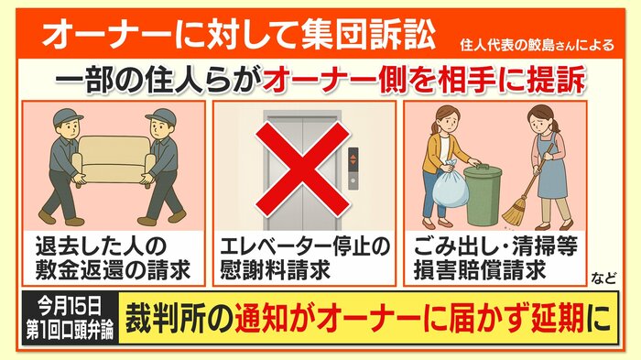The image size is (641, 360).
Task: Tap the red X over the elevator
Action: tap(303, 169)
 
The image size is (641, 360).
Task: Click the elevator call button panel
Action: tap(353, 169)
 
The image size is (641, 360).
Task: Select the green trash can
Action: tap(483, 195)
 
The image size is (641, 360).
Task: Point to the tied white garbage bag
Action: tap(451, 187)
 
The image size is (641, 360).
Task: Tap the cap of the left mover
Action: tap(68, 116)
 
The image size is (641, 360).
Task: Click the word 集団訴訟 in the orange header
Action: tap(368, 35)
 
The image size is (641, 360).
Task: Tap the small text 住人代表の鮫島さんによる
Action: tap(537, 44)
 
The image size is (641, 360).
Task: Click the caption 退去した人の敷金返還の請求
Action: tap(114, 258)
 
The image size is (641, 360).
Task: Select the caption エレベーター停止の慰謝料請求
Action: tap(305, 258)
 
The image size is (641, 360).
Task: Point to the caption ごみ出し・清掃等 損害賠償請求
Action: tap(495, 258)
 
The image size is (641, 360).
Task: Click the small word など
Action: tap(603, 278)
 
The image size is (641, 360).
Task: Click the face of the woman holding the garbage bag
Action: tap(446, 118)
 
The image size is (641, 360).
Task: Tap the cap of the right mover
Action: tap(161, 116)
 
